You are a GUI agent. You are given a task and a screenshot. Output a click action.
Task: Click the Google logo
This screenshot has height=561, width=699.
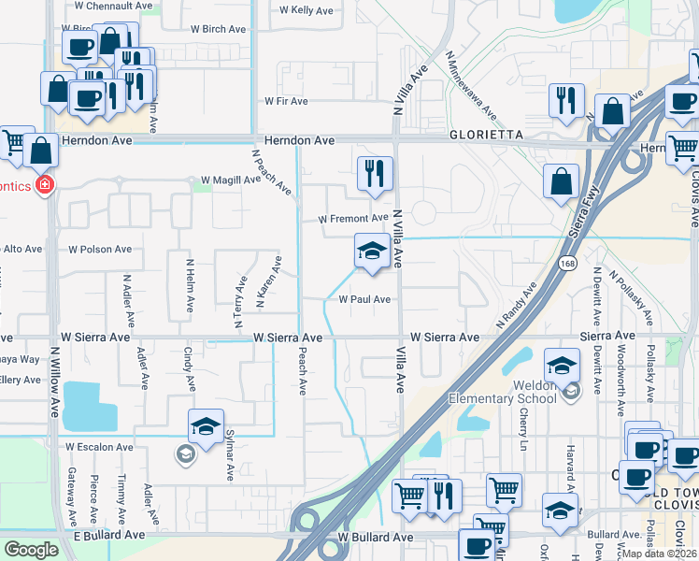[x=32, y=549]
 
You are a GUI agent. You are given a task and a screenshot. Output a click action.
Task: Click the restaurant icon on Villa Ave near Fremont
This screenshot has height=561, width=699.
[x=375, y=174]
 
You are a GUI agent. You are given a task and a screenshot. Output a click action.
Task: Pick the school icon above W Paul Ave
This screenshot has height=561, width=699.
[x=372, y=251]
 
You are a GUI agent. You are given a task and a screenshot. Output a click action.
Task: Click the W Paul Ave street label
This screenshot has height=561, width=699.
[x=364, y=300]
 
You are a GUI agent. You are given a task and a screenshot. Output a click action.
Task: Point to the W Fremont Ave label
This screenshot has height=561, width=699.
[x=352, y=219]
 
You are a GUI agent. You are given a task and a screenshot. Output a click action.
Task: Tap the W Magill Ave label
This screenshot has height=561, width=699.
[x=231, y=180]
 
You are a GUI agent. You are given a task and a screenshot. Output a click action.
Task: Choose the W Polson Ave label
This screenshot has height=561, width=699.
[x=101, y=250]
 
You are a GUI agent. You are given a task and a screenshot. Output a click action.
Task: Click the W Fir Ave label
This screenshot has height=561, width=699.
[x=286, y=100]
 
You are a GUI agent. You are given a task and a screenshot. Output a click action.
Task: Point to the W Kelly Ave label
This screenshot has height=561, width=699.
[x=306, y=11]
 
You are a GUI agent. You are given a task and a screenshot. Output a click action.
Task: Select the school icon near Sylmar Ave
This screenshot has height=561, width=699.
[x=206, y=425]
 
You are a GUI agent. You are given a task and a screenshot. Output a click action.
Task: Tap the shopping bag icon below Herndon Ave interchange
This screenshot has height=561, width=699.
[x=561, y=181]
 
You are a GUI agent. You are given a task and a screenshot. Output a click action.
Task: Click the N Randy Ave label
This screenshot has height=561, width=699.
[x=517, y=304]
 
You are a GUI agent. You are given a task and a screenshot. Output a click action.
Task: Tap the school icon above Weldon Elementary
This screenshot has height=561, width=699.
[x=563, y=365]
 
